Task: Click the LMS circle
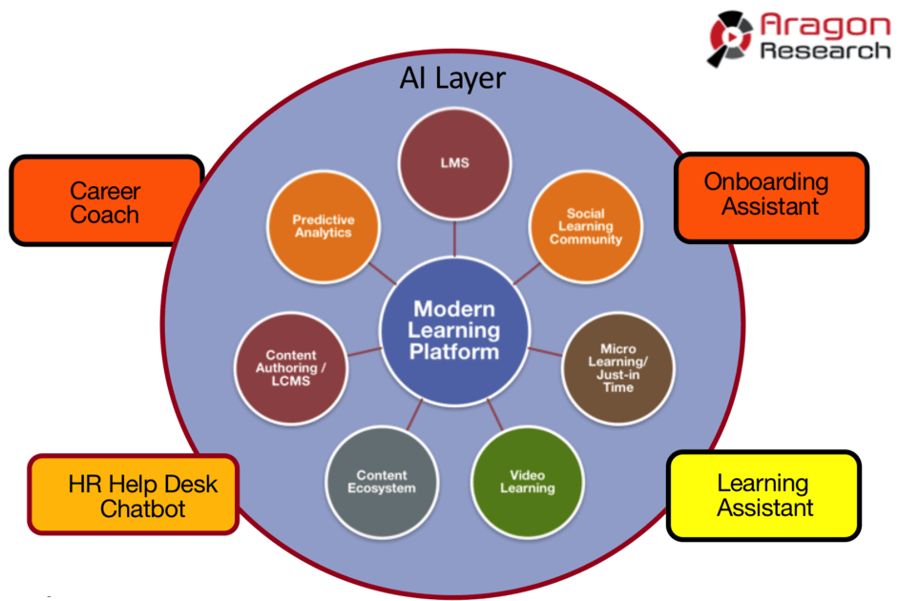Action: point(454,163)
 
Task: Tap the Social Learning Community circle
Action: point(584,226)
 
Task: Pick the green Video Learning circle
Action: point(527,481)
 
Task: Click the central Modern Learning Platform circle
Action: point(454,330)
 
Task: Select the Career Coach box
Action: point(105,201)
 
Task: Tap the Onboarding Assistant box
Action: point(771,195)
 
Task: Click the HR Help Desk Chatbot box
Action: point(133,495)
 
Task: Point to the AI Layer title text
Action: point(452,78)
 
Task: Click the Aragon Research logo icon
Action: point(730,38)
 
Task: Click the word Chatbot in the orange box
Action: point(143,508)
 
